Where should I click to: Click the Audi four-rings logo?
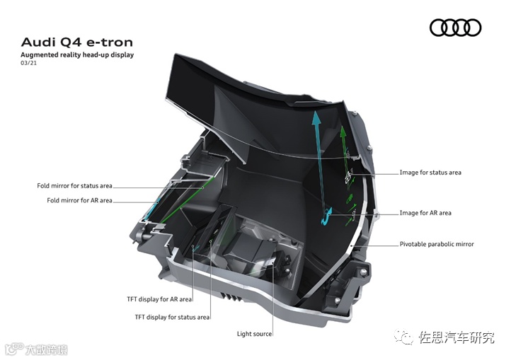click(x=455, y=28)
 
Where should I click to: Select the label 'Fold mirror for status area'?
click(x=75, y=186)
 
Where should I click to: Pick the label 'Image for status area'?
click(x=430, y=172)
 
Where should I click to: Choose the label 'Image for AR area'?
click(x=425, y=213)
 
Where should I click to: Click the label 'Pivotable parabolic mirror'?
click(x=437, y=244)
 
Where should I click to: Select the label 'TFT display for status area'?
click(x=172, y=317)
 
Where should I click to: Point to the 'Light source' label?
click(x=254, y=334)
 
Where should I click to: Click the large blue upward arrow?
click(x=317, y=141)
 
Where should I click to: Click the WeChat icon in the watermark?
click(x=406, y=337)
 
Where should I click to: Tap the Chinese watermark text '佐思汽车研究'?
click(x=457, y=337)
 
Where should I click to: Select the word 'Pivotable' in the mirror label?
click(x=414, y=244)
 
